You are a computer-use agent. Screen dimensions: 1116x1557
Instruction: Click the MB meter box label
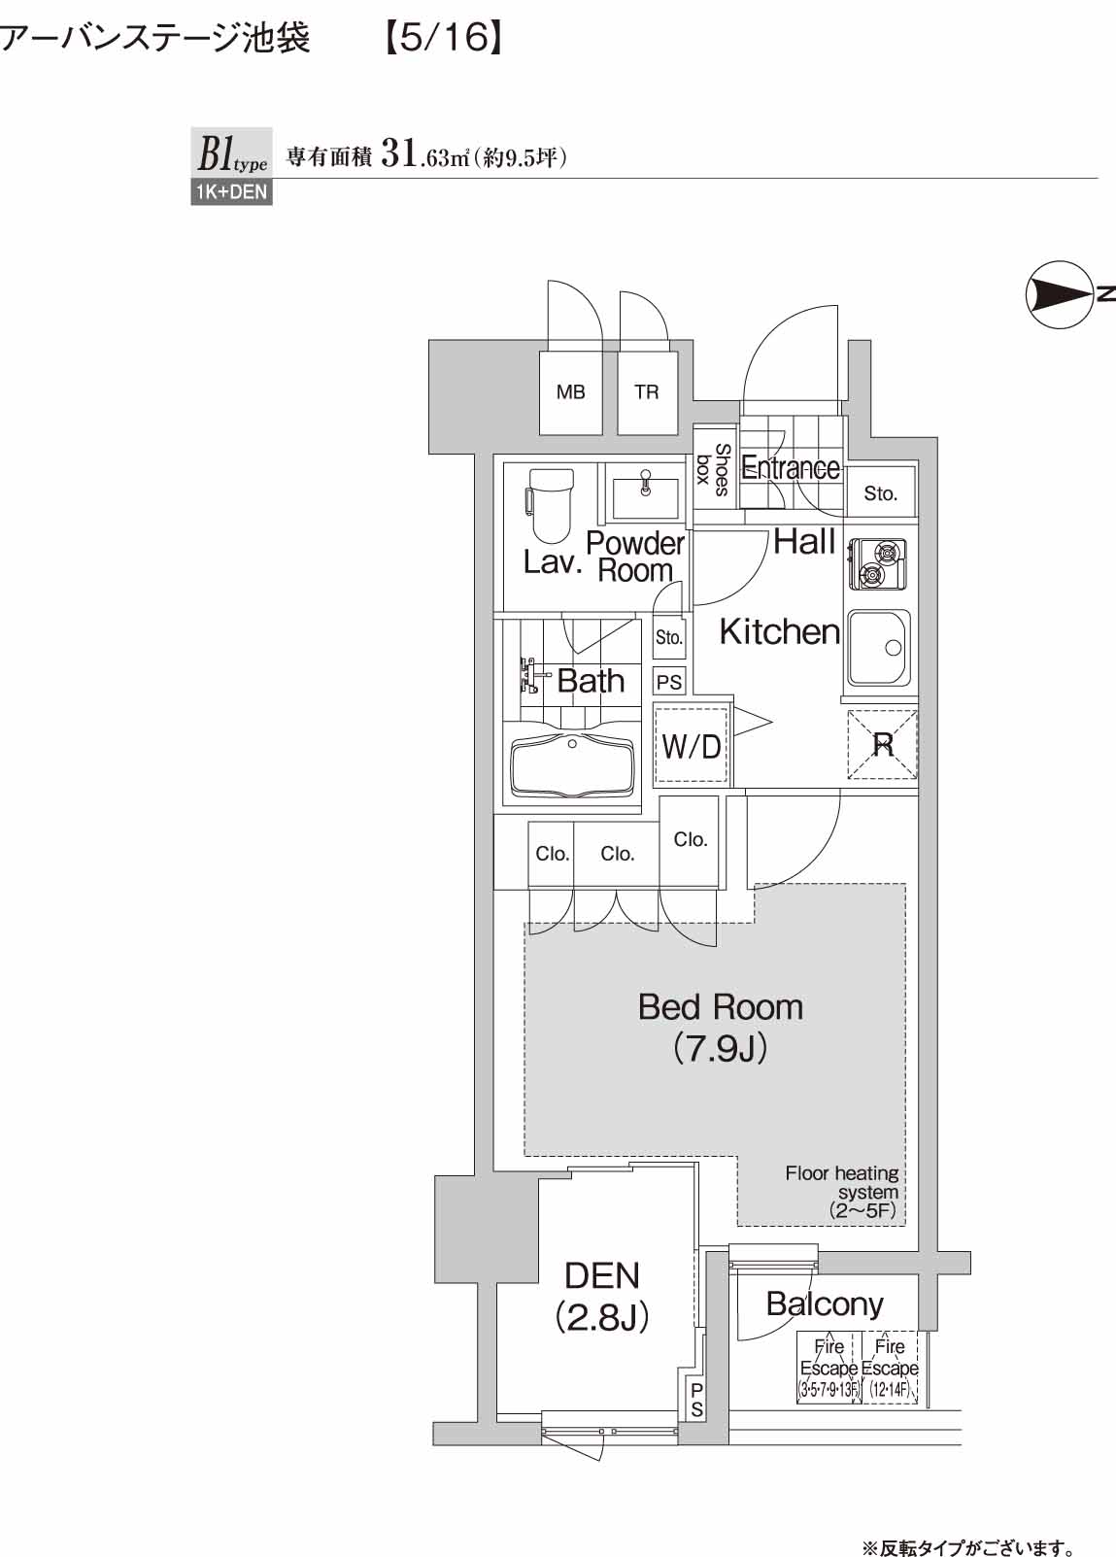coord(570,392)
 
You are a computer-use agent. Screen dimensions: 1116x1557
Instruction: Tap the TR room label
coord(646,392)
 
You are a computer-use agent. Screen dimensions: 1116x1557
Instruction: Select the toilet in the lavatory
coord(551,505)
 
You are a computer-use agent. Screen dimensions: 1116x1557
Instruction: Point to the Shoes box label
coord(714,470)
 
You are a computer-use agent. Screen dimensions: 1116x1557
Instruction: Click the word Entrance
coord(790,467)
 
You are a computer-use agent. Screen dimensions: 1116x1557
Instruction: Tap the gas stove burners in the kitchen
coord(877,563)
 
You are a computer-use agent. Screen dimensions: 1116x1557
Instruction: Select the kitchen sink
coord(879,649)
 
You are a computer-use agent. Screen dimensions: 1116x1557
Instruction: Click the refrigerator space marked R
coord(883,745)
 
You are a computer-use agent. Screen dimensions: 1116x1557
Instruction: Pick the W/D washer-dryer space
coord(691,746)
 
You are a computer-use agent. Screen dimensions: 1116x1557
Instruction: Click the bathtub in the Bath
coord(573,766)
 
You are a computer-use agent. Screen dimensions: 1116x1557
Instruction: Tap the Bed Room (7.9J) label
coord(721,1029)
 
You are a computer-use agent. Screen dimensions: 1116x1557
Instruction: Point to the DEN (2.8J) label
coord(602,1296)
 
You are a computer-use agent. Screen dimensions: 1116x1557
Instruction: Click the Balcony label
coord(825,1304)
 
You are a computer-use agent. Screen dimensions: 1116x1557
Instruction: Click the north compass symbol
coord(1059,294)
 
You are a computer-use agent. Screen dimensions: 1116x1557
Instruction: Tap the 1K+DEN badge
coord(231,192)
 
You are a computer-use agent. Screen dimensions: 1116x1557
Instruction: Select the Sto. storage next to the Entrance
coord(880,493)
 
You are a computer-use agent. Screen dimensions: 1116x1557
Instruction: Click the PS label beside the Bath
coord(669,682)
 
